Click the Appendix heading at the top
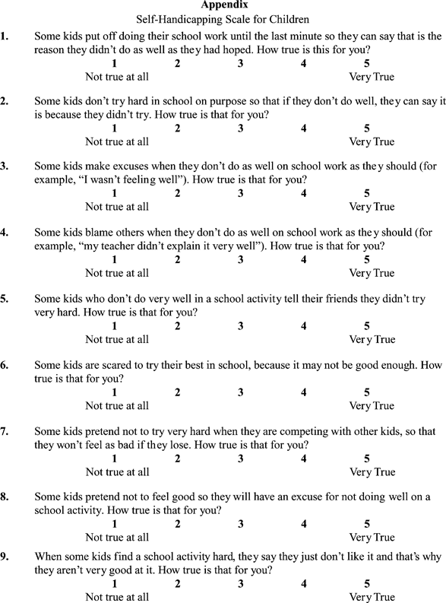pyautogui.click(x=223, y=5)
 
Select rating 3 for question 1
pyautogui.click(x=240, y=63)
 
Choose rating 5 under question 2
pyautogui.click(x=367, y=129)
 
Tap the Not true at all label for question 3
pyautogui.click(x=117, y=207)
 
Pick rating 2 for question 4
pyautogui.click(x=177, y=260)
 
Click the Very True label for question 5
pyautogui.click(x=372, y=339)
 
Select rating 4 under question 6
pyautogui.click(x=304, y=392)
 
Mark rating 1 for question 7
pyautogui.click(x=114, y=459)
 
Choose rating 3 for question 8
pyautogui.click(x=240, y=525)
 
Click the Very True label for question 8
pyautogui.click(x=372, y=538)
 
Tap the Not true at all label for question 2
pyautogui.click(x=117, y=141)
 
